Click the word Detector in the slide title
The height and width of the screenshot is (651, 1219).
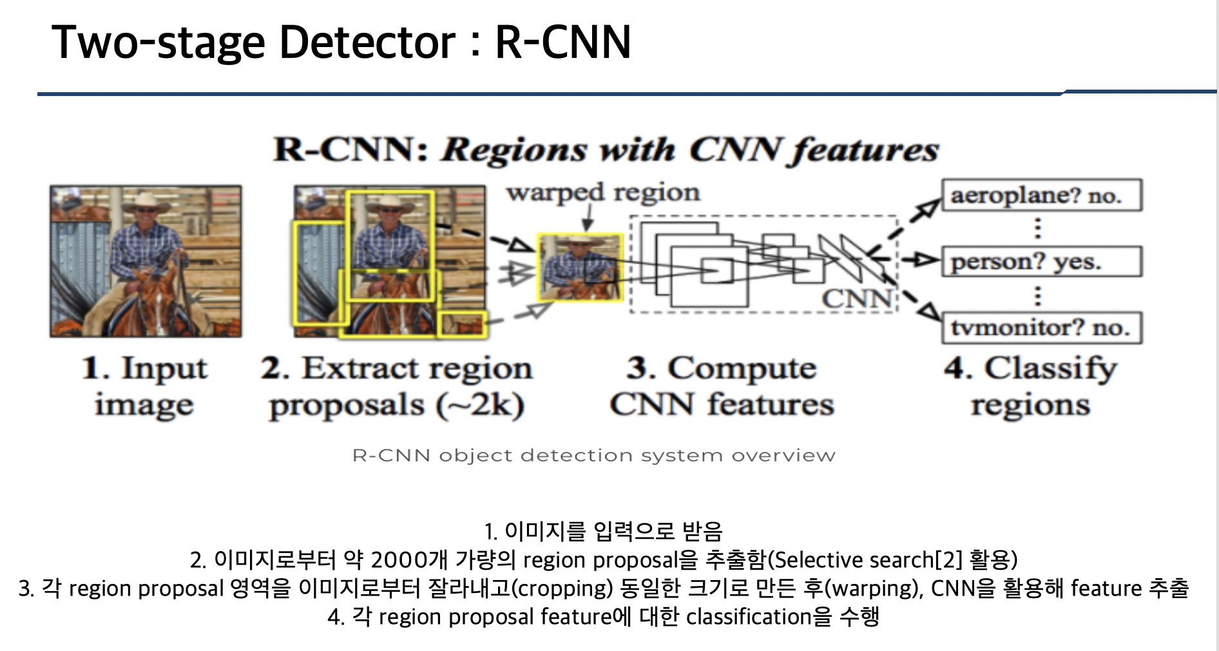click(x=367, y=43)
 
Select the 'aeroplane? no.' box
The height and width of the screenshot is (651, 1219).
click(x=1041, y=195)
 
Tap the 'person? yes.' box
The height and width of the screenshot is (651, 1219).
click(x=1041, y=262)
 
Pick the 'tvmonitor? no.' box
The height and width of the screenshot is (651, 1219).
click(x=1041, y=328)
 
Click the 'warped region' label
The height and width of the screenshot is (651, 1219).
click(x=603, y=193)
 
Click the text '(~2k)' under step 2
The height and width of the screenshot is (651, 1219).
click(x=480, y=406)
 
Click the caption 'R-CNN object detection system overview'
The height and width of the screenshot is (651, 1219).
click(x=593, y=456)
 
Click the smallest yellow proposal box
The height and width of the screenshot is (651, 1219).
click(x=461, y=324)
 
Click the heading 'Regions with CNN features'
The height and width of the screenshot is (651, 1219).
click(x=689, y=150)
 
